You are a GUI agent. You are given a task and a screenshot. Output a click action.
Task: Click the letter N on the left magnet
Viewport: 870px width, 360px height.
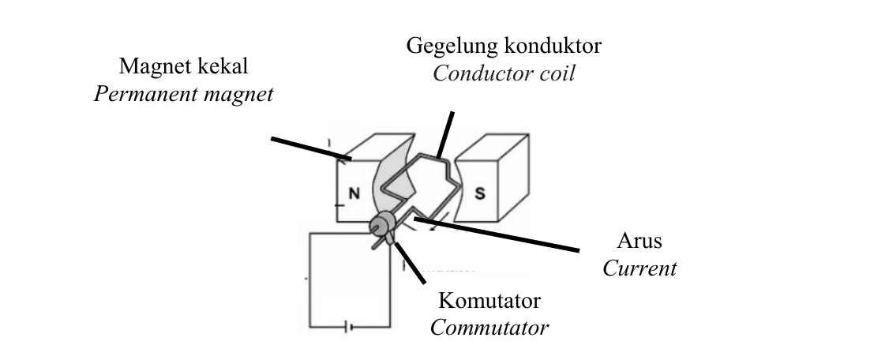point(354,193)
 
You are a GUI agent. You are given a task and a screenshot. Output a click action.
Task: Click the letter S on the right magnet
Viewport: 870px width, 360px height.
point(480,193)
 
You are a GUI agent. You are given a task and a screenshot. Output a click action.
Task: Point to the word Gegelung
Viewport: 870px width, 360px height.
point(452,46)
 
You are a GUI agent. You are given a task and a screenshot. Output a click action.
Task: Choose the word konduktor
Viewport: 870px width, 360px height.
point(553,46)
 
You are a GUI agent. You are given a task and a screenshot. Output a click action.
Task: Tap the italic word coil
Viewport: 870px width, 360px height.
point(555,73)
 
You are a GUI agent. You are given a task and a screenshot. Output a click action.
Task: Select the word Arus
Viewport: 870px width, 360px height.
point(639,241)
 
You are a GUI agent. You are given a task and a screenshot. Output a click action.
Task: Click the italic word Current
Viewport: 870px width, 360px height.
point(639,268)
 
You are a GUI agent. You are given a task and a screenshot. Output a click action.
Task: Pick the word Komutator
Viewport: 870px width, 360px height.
point(489,301)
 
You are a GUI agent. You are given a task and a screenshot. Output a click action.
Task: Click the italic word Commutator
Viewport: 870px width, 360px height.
point(489,328)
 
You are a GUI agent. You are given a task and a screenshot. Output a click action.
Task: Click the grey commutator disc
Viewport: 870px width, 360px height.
point(382,225)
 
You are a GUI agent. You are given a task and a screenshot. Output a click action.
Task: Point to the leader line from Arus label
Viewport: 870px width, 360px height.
point(497,234)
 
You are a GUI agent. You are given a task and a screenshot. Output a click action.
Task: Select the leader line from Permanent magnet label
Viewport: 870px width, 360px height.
point(311,148)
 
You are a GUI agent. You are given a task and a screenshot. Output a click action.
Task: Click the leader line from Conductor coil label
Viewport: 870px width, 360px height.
point(445,135)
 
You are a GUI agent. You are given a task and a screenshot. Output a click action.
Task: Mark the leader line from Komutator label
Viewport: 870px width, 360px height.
point(410,263)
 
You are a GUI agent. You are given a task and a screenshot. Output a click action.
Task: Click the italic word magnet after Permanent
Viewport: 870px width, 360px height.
point(238,94)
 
